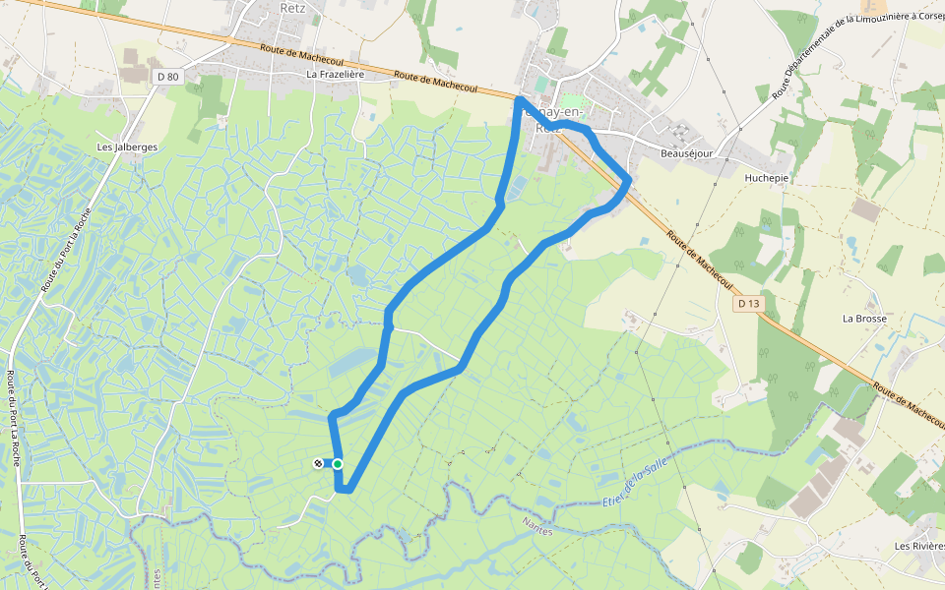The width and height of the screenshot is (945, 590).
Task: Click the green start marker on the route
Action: pos(338,464)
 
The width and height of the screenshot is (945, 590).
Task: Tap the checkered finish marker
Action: pos(318,463)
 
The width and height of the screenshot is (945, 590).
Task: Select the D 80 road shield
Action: pos(168,76)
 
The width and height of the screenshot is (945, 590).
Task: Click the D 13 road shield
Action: pos(749,304)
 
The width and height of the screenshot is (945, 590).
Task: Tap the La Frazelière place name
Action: pos(336,74)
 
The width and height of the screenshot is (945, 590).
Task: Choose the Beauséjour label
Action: pos(686,154)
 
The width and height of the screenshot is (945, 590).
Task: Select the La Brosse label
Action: pos(864,319)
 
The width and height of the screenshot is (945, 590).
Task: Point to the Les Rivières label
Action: pos(918,546)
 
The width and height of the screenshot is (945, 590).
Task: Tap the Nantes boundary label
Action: pos(538,529)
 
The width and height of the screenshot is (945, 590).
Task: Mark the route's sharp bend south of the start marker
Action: pos(343,488)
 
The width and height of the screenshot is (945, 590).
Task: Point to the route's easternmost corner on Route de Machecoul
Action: pos(628,179)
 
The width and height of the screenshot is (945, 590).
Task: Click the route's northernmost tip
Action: pos(519,99)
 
